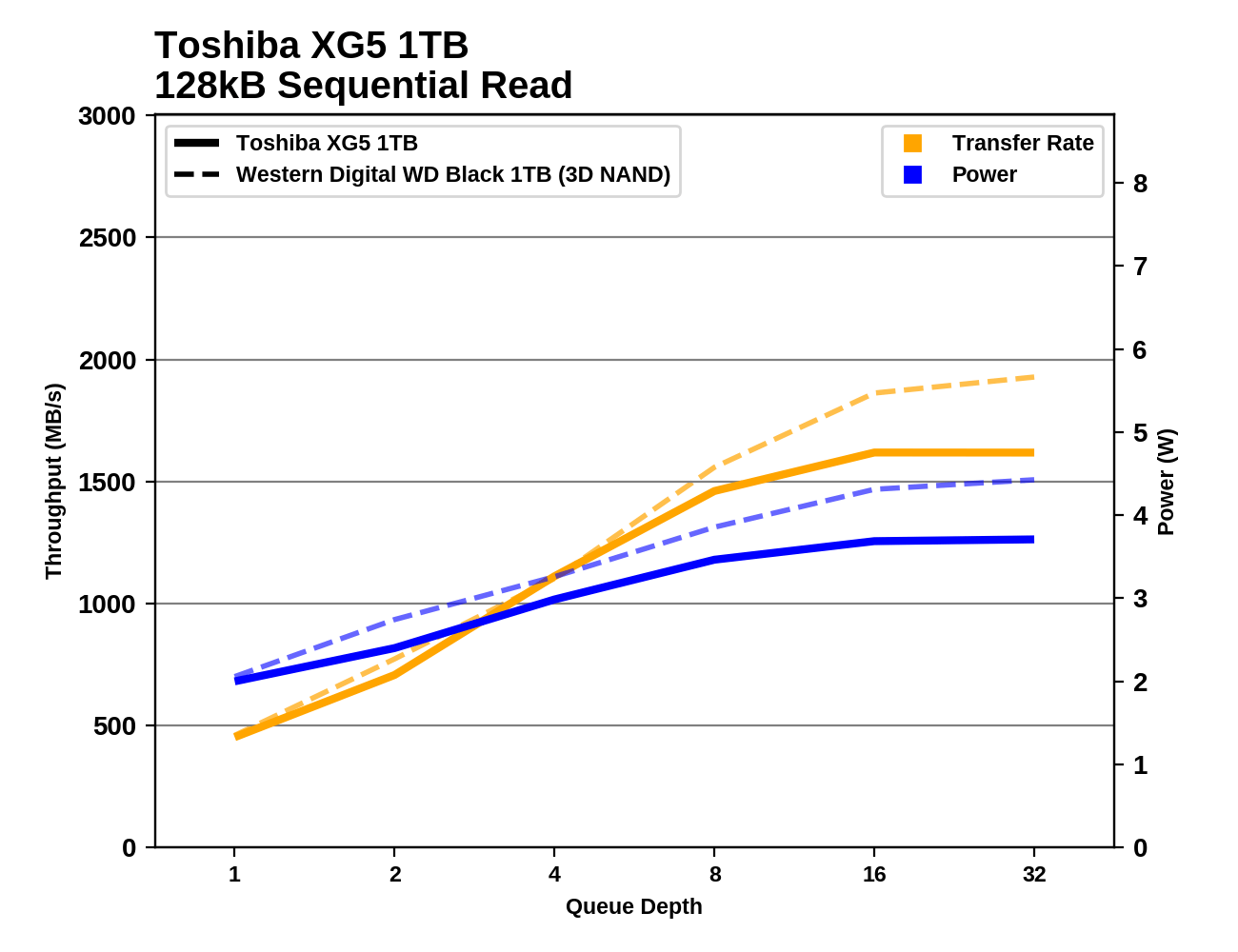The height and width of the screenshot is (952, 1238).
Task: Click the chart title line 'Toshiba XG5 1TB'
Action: (311, 46)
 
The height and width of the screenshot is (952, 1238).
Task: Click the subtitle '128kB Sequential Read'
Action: (363, 86)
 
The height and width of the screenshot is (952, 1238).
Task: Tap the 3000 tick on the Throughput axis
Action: (108, 116)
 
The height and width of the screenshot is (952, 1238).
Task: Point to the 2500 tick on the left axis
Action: (108, 238)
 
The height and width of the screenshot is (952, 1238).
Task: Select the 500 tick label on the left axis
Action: (115, 726)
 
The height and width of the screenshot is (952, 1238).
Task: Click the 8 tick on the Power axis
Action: (1140, 184)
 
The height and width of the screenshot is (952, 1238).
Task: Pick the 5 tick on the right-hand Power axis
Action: (1140, 433)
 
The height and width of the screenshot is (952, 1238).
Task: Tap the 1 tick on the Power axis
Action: (1140, 765)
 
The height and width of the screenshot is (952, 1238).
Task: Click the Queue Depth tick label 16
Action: (874, 875)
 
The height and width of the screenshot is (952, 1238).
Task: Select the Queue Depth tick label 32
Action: (1034, 875)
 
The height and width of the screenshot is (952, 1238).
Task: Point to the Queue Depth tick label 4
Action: (554, 875)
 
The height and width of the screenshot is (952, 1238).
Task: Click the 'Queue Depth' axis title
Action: (634, 907)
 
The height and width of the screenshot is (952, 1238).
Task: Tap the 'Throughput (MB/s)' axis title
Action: (53, 481)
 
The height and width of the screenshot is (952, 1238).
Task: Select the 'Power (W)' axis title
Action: (1167, 482)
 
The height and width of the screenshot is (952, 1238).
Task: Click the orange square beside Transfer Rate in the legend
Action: (912, 144)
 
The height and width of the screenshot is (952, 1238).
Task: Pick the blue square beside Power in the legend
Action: (912, 175)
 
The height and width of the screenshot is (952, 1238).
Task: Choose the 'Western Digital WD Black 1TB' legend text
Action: (453, 175)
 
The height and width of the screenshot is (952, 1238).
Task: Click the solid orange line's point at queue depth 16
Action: (874, 452)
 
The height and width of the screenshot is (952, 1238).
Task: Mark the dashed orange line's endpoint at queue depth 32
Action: (1034, 377)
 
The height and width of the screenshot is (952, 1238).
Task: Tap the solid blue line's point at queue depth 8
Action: (714, 560)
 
